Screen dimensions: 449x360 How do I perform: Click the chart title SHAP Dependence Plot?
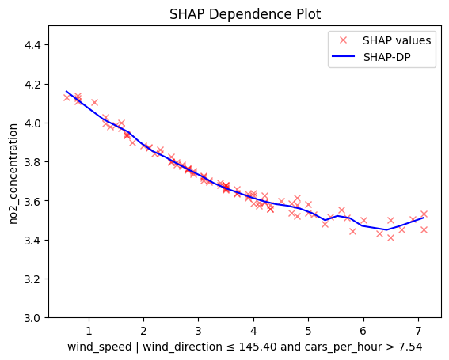245,14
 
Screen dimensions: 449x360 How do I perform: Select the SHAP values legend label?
397,40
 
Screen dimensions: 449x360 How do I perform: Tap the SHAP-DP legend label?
387,57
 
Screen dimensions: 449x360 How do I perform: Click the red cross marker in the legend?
343,40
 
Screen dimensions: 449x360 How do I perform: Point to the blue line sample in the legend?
343,56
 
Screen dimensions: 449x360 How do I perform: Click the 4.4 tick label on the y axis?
32,45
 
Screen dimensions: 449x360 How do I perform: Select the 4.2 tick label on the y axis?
32,85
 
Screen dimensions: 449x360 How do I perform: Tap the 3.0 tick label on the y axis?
32,318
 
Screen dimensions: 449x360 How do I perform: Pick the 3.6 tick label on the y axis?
32,201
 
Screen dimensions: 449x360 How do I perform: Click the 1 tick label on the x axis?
89,331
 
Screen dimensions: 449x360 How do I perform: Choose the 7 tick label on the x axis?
418,331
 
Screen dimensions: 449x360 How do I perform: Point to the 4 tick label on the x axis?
253,331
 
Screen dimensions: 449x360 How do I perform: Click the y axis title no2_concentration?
13,174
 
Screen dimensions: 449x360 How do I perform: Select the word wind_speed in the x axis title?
99,347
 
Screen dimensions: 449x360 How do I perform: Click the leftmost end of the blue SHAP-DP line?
67,91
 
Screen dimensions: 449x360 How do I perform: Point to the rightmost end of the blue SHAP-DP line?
424,218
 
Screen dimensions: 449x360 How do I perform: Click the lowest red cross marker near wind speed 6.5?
390,237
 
